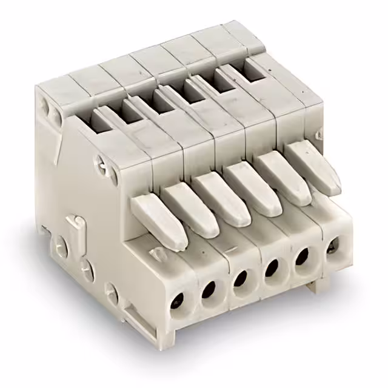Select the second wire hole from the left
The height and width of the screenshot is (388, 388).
coord(208,289)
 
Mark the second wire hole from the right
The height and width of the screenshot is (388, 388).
coord(299,256)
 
